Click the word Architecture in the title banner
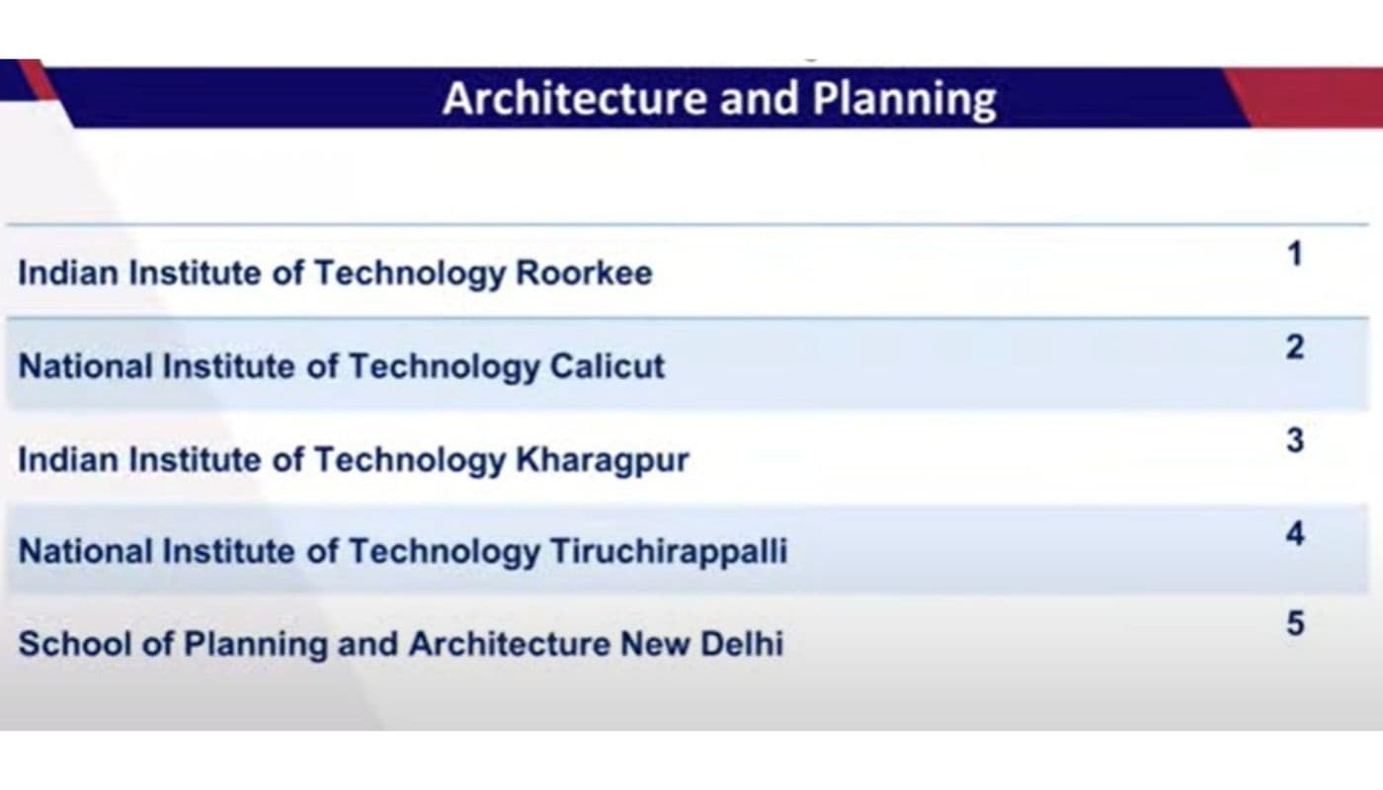[575, 98]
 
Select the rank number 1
[1295, 254]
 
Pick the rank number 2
[1295, 347]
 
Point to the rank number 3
[1295, 440]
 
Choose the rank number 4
[1295, 533]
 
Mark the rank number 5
[1295, 623]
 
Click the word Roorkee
[584, 273]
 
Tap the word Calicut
[608, 366]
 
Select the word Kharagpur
[603, 461]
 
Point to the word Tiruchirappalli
[669, 552]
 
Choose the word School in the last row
[75, 644]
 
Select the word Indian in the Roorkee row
[68, 273]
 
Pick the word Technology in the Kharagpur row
[410, 461]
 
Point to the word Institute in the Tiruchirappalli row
[229, 551]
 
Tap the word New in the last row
[655, 644]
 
